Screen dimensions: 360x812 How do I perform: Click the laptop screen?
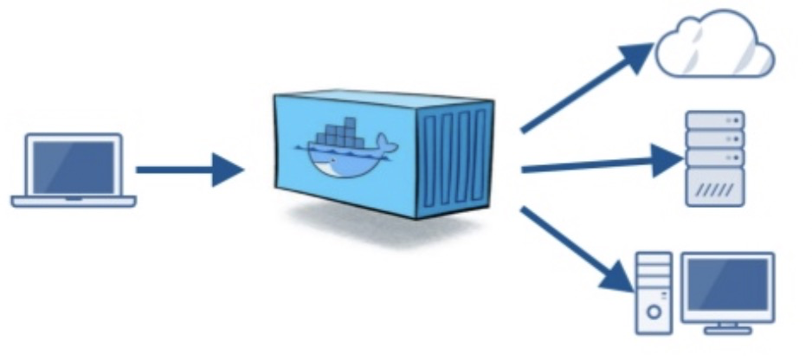74,164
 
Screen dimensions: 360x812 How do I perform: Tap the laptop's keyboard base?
74,202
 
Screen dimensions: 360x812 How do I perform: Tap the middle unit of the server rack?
714,138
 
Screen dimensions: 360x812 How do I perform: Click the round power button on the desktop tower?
654,308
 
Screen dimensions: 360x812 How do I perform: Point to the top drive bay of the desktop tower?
654,260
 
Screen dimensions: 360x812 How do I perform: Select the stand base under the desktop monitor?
726,329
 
